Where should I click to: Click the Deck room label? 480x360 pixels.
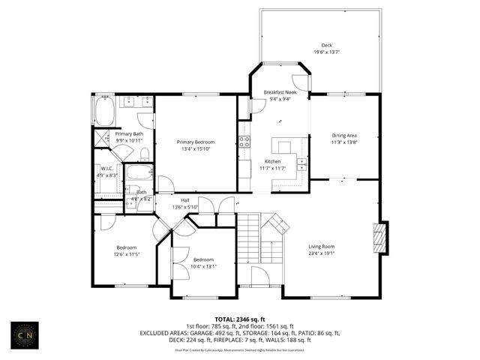326,45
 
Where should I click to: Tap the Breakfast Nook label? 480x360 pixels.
280,91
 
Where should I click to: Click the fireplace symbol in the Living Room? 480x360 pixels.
382,241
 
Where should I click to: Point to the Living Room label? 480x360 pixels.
322,246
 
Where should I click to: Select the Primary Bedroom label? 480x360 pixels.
196,142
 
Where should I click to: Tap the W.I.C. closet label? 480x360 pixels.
106,168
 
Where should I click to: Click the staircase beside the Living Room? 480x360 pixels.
250,240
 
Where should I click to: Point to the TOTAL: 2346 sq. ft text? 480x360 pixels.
240,319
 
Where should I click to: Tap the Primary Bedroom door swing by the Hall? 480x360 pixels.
166,184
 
